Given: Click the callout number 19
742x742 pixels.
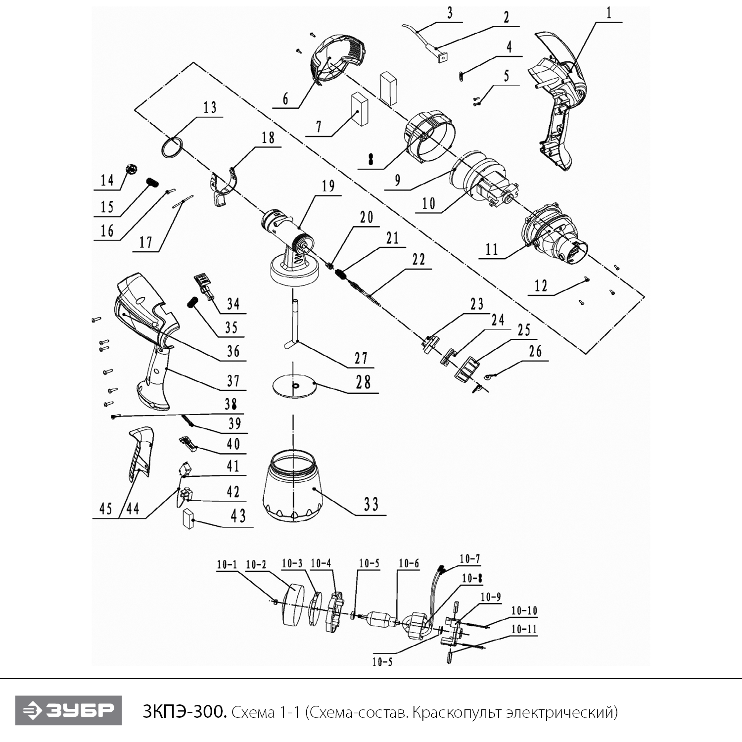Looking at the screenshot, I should coord(328,186).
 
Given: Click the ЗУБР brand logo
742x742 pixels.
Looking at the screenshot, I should coord(68,710).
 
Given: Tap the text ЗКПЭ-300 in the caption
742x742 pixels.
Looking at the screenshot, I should coord(185,712).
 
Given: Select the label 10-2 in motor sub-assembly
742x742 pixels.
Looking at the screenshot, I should coord(256,564).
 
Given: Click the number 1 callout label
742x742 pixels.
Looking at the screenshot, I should coord(608,13).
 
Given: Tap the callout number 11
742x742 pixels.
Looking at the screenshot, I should coord(491,249).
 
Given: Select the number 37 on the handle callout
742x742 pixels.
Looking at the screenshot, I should coord(233,381).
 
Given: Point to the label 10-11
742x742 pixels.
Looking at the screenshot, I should coord(524,629).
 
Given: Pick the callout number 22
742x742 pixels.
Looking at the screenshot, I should coord(418,260).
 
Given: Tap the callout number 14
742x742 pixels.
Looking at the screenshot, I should coord(107,181).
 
